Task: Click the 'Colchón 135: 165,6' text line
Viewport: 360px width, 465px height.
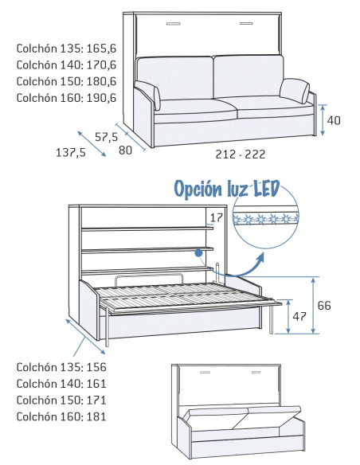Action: (x=66, y=49)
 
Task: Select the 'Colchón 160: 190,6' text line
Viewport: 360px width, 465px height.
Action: (x=66, y=98)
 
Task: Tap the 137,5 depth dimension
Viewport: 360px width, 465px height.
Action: (x=71, y=153)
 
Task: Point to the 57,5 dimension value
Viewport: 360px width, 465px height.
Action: (x=107, y=137)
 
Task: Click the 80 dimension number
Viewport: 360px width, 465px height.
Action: (x=125, y=150)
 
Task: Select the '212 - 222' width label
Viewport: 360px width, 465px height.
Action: (x=241, y=154)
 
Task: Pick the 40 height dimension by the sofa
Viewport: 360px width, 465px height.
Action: (x=334, y=120)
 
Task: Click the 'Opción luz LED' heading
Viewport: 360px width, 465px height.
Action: (x=227, y=189)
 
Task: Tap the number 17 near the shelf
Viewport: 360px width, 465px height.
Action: (x=216, y=217)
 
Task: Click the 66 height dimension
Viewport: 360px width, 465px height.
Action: (x=324, y=306)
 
